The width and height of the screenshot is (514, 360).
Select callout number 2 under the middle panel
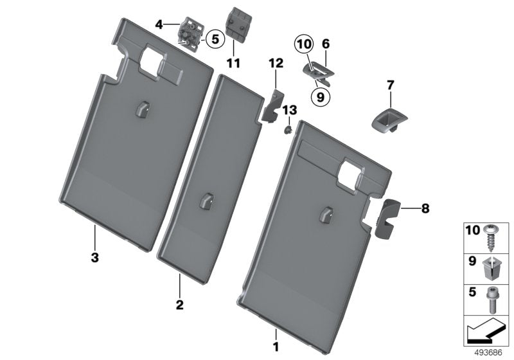181,303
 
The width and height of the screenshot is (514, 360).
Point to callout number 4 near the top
158,24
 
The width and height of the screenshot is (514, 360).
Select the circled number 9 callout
319,96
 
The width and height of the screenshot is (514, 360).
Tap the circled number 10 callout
303,45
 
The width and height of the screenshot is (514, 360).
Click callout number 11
233,63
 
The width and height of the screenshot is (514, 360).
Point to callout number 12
276,63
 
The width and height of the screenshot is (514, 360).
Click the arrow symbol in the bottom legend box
485,332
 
